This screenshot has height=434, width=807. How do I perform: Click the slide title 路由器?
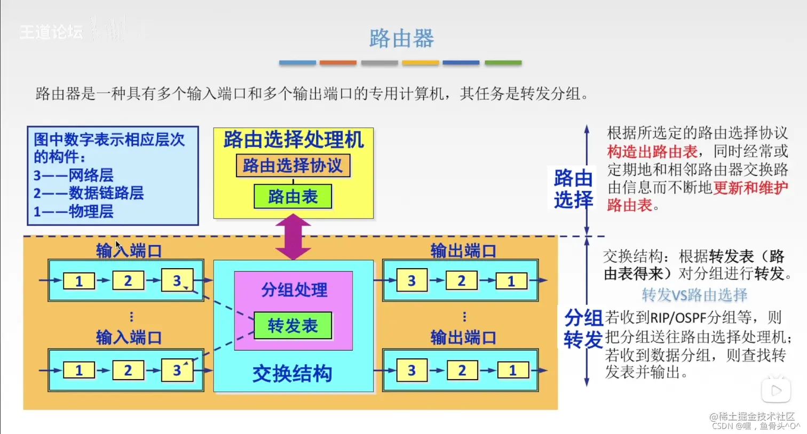click(401, 38)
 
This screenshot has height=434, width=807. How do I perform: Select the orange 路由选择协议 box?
click(293, 166)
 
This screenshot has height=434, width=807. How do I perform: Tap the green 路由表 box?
click(293, 197)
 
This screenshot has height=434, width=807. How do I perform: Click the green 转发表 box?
click(293, 325)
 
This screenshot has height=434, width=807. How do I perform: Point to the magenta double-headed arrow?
click(293, 237)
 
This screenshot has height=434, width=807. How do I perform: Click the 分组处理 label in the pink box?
click(294, 290)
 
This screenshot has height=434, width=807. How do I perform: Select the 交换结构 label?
click(292, 374)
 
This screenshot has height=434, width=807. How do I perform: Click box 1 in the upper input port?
click(79, 281)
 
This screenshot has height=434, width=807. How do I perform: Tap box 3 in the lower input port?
click(177, 370)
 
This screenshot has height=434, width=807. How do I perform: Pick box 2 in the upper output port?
click(461, 281)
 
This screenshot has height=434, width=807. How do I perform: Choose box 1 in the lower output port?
click(512, 370)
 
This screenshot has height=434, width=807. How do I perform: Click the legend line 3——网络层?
click(73, 175)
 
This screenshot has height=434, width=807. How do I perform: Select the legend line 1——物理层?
click(73, 211)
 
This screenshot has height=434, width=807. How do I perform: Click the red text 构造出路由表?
click(652, 151)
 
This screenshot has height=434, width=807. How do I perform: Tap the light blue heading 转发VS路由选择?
click(694, 295)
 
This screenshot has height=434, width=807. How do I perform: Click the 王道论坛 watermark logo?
click(52, 32)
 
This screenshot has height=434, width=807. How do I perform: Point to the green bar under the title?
click(503, 63)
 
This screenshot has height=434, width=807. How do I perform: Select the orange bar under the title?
click(338, 63)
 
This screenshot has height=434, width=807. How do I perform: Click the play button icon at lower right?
click(776, 391)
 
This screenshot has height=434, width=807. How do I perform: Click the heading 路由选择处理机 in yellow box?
click(294, 140)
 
